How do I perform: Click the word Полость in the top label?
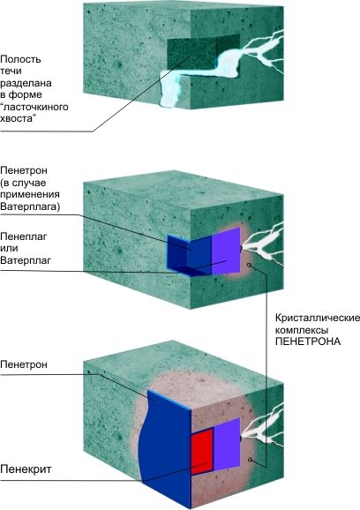20,59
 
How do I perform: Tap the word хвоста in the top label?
17,119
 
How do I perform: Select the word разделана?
26,84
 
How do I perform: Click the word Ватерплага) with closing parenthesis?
30,206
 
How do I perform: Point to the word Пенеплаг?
24,236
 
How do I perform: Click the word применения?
30,195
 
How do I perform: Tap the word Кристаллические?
318,318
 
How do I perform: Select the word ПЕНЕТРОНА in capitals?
308,341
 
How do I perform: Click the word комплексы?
302,330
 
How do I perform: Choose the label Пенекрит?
26,469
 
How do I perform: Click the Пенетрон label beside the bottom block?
24,364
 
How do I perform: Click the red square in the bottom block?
202,452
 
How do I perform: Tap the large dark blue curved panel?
166,449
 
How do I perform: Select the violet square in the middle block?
226,251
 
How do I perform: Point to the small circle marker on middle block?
250,265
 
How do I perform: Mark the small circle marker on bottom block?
250,460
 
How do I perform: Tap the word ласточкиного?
34,107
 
